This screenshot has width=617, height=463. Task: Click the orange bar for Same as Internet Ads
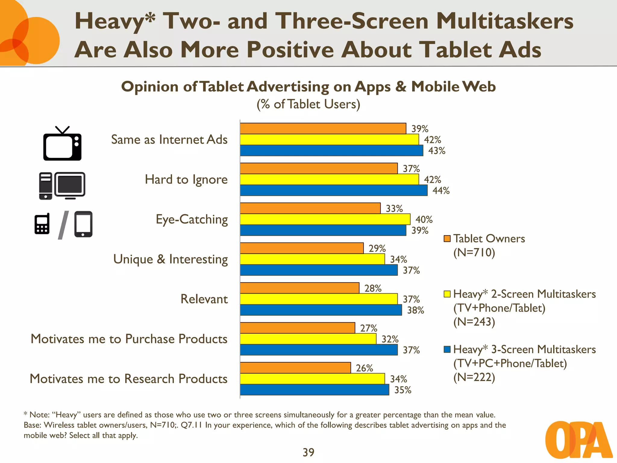(323, 128)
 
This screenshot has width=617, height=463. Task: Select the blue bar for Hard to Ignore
(334, 191)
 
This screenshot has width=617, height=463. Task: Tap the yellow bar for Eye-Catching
(325, 219)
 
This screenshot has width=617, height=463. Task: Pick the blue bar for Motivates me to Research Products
(315, 390)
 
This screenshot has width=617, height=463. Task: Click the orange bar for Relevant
(299, 288)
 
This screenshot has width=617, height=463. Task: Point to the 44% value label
(441, 191)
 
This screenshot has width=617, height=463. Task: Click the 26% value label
(364, 368)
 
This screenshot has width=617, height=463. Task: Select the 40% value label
(424, 219)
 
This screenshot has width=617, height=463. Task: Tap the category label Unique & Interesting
(171, 259)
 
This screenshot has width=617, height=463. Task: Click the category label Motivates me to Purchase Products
(129, 339)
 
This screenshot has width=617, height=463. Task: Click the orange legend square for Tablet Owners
(447, 239)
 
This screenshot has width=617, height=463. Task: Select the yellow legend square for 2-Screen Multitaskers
(447, 294)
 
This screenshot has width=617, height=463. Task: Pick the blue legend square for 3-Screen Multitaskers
(447, 349)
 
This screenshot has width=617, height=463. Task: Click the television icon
(62, 144)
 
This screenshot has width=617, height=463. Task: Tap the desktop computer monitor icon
(70, 185)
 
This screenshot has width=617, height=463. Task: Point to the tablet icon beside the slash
(83, 224)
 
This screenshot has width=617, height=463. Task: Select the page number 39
(308, 452)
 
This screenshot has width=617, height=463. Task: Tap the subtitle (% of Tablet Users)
(308, 104)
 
